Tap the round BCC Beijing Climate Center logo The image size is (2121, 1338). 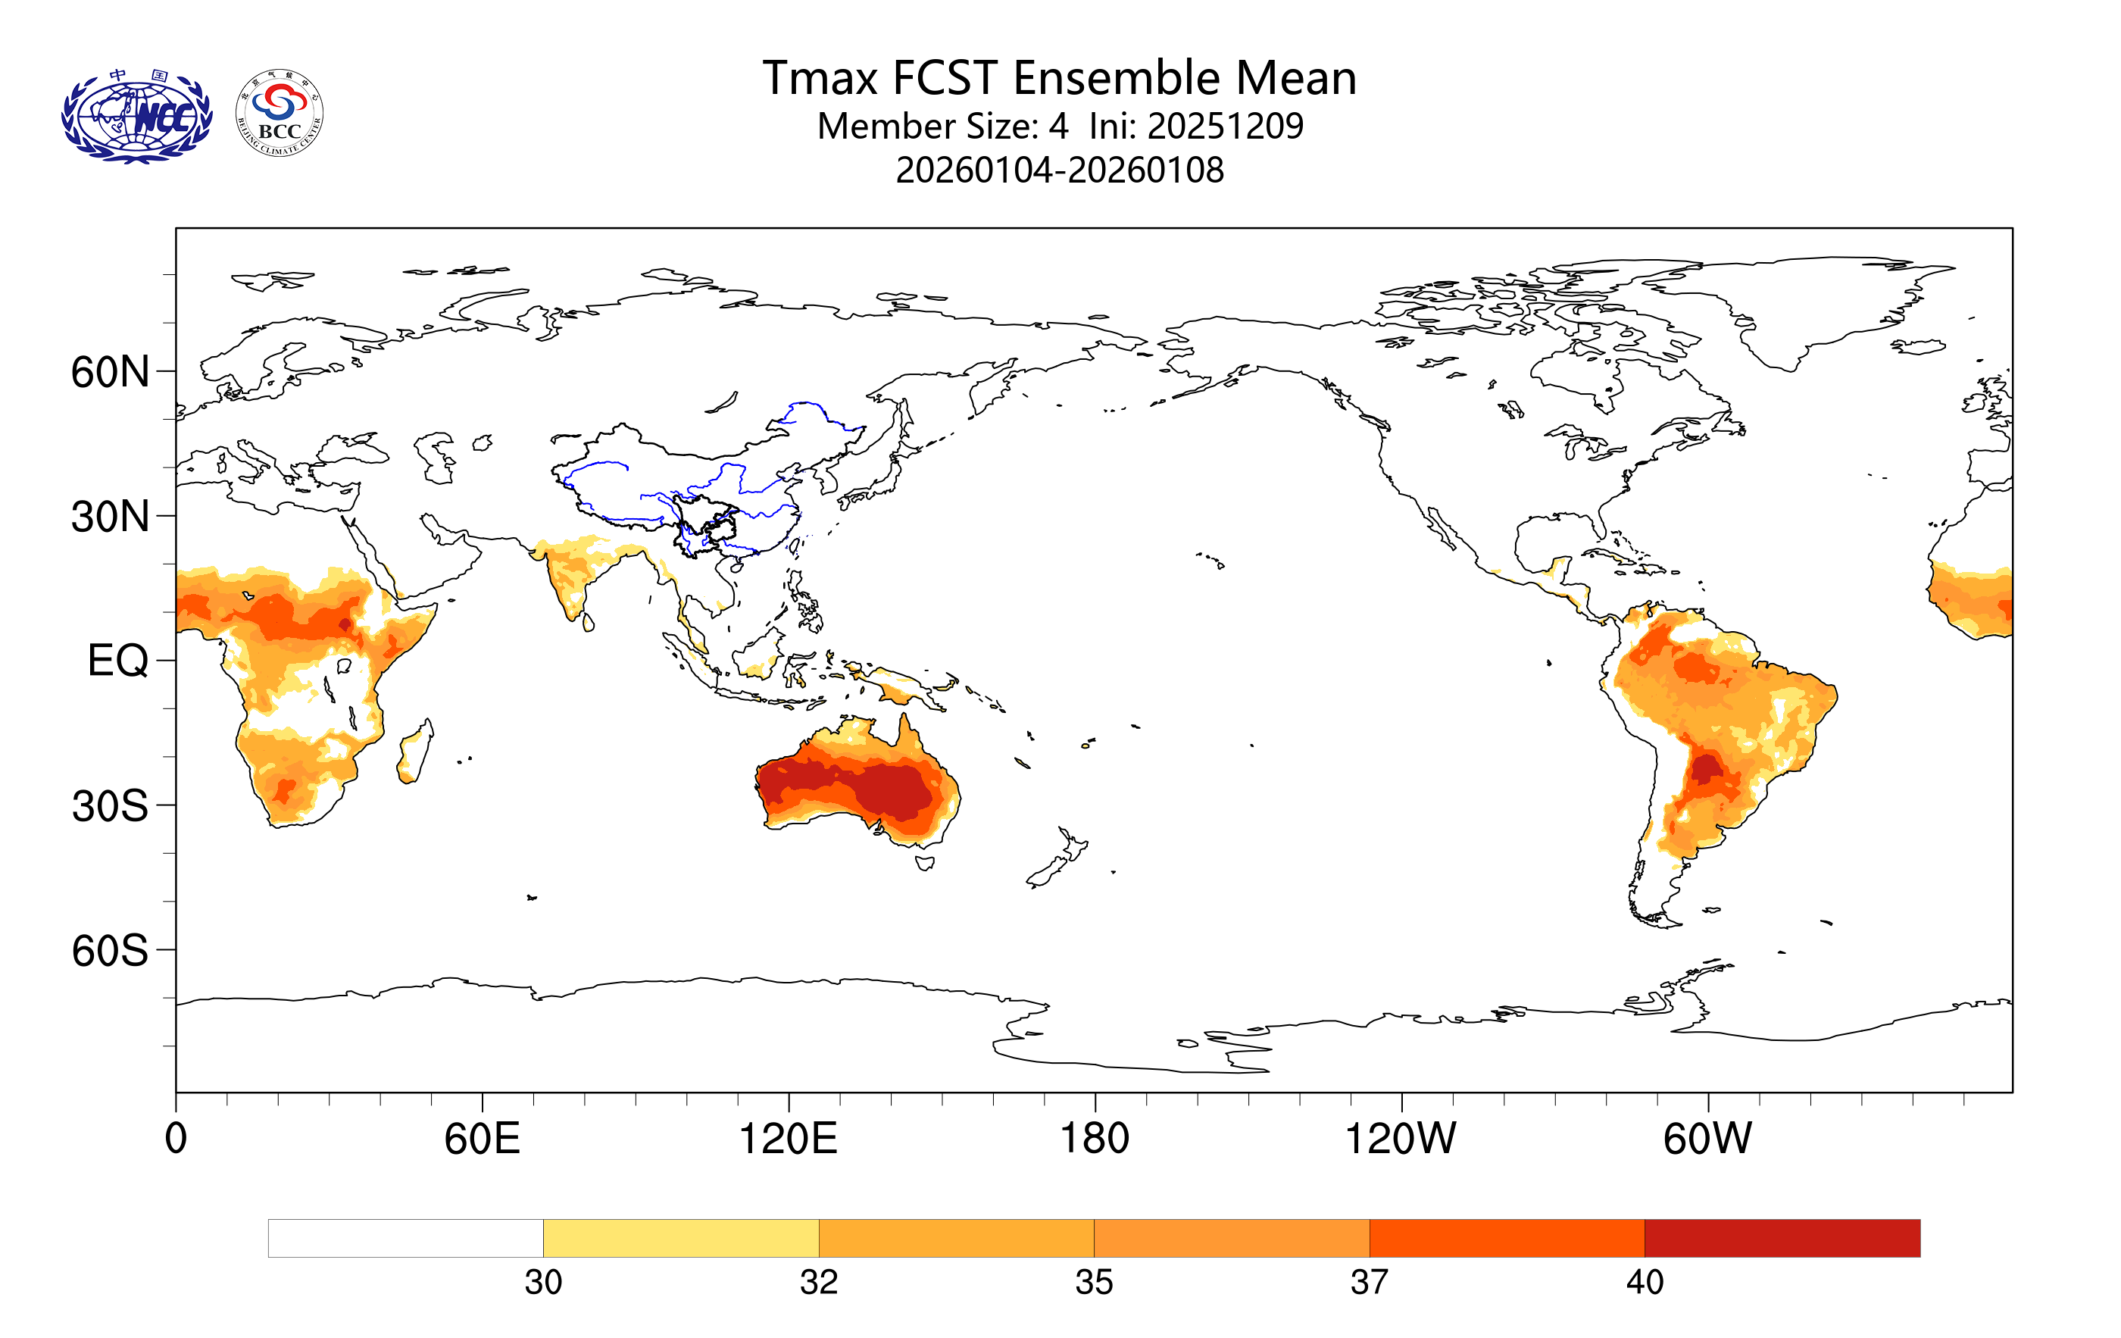(x=280, y=114)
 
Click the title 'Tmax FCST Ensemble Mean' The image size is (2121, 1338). (x=1059, y=77)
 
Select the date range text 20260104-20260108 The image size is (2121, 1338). (x=1059, y=170)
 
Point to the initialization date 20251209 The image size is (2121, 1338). (x=1224, y=126)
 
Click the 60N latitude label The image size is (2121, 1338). (x=110, y=372)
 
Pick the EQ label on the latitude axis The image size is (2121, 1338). (x=117, y=661)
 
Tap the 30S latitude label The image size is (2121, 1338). (x=110, y=806)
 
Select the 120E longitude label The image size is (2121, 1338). (x=788, y=1138)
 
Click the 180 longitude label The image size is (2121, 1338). (x=1094, y=1138)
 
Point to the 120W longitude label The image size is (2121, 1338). (x=1401, y=1138)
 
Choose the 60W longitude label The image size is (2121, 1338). (x=1707, y=1138)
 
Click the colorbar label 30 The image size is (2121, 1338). (x=542, y=1283)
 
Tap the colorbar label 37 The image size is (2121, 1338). (x=1369, y=1283)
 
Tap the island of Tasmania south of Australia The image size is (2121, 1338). (x=924, y=863)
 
